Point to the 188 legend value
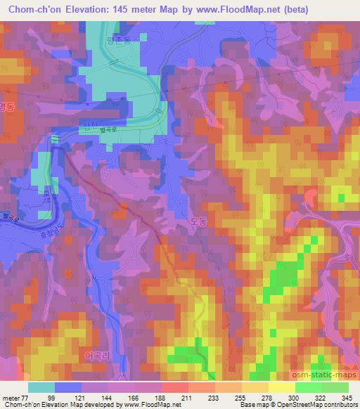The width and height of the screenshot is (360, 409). pos(161,397)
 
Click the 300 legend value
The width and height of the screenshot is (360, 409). pos(283,397)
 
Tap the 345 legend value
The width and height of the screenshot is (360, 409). pos(347,397)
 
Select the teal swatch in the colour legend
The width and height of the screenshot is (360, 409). pos(41,387)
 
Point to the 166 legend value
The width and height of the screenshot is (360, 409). pos(136,397)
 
